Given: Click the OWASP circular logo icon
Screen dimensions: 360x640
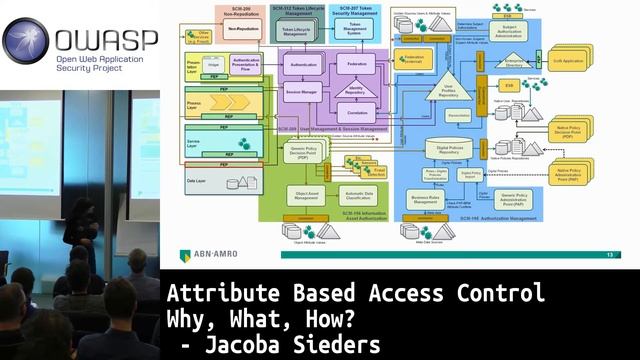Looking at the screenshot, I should point(25,41).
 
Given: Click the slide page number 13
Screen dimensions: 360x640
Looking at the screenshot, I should point(610,255).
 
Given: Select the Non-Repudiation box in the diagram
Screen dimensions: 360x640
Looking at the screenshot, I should point(244,30).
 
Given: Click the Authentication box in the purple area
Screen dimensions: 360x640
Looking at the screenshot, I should point(303,64).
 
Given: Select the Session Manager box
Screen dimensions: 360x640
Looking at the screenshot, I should point(303,95).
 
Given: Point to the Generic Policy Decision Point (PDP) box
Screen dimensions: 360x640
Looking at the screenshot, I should point(304,151).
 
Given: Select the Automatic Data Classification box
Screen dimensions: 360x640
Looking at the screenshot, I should point(359,195).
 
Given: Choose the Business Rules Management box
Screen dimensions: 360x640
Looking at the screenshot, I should point(426,198).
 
